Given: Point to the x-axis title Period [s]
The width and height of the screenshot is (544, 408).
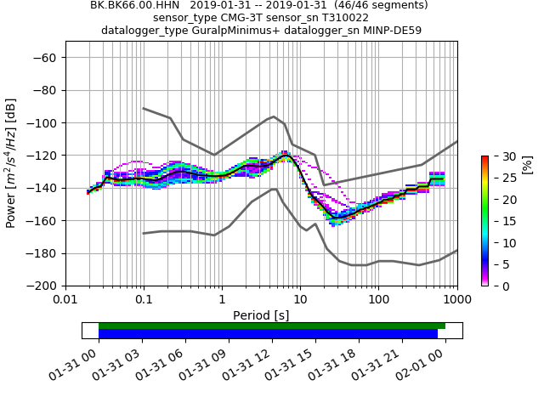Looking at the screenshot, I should [261, 315].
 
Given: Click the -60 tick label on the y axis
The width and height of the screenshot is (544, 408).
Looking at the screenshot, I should [46, 57].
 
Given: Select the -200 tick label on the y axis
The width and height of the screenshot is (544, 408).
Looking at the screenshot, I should [42, 286].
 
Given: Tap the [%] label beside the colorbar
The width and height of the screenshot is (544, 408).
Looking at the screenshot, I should [527, 164].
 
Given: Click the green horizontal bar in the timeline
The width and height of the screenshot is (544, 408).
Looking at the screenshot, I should [272, 326].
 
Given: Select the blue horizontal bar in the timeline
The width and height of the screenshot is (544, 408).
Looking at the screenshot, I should [268, 334].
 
